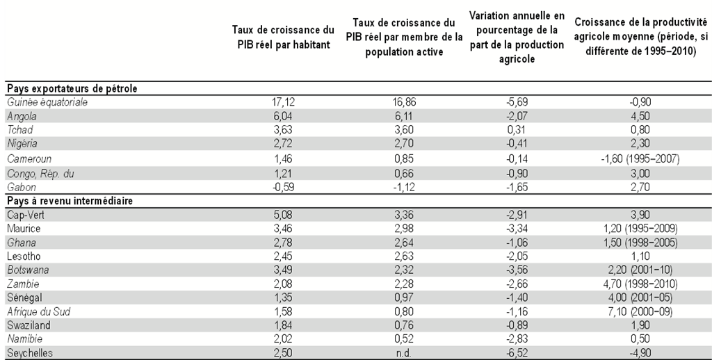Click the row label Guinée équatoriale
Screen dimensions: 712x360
(x=47, y=102)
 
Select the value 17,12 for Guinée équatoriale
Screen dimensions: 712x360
(x=283, y=102)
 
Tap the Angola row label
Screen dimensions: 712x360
(x=22, y=117)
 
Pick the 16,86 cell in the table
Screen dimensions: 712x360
(x=404, y=102)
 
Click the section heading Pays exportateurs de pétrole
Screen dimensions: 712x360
(x=72, y=88)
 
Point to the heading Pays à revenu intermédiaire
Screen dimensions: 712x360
(x=70, y=201)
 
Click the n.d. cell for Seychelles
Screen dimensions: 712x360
(x=404, y=353)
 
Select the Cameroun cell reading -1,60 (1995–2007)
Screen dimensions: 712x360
(x=640, y=159)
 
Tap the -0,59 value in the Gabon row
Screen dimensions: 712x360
(x=283, y=187)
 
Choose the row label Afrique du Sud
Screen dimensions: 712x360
(x=39, y=312)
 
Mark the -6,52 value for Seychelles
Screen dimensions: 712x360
(x=517, y=353)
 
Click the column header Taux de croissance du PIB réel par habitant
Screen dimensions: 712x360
(x=284, y=38)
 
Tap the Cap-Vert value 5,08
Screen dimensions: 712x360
(x=283, y=215)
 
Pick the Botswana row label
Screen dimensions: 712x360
(x=28, y=270)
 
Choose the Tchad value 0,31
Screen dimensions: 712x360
(x=517, y=130)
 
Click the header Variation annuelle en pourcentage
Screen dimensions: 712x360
(x=517, y=38)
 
